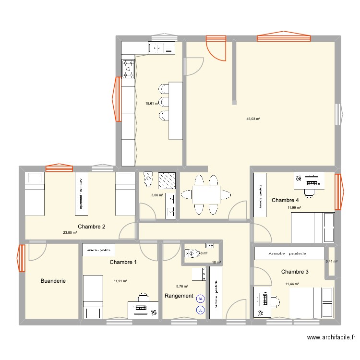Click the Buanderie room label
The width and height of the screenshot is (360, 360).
coord(53,281)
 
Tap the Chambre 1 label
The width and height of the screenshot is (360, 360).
coord(123,262)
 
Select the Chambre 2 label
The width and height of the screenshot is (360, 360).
coord(91,227)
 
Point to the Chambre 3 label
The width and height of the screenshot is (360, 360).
coord(295,272)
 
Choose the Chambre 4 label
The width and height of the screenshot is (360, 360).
coord(286,200)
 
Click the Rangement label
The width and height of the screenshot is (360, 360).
coord(179,296)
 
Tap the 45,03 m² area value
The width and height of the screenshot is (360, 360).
coord(253,119)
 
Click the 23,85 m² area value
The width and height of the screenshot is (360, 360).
coord(70,233)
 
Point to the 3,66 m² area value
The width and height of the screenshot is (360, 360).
coord(157,195)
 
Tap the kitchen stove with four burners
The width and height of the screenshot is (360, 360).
coord(128,68)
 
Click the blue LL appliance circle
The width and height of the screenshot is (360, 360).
coord(200,310)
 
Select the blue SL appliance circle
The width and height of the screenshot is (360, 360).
coord(201,299)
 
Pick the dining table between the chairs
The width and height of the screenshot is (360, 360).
coord(206,194)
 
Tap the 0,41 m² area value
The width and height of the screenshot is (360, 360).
coord(332,262)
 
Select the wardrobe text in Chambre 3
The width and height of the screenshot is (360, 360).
coord(289,252)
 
